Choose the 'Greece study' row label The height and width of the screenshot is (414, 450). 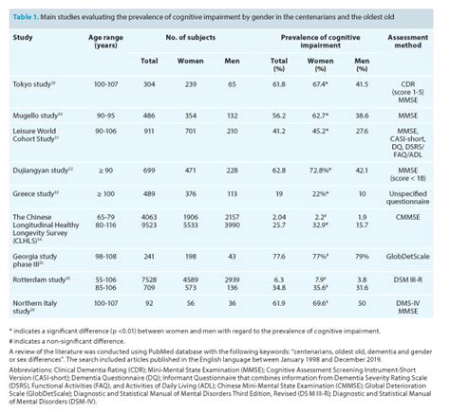pyautogui.click(x=31, y=193)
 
